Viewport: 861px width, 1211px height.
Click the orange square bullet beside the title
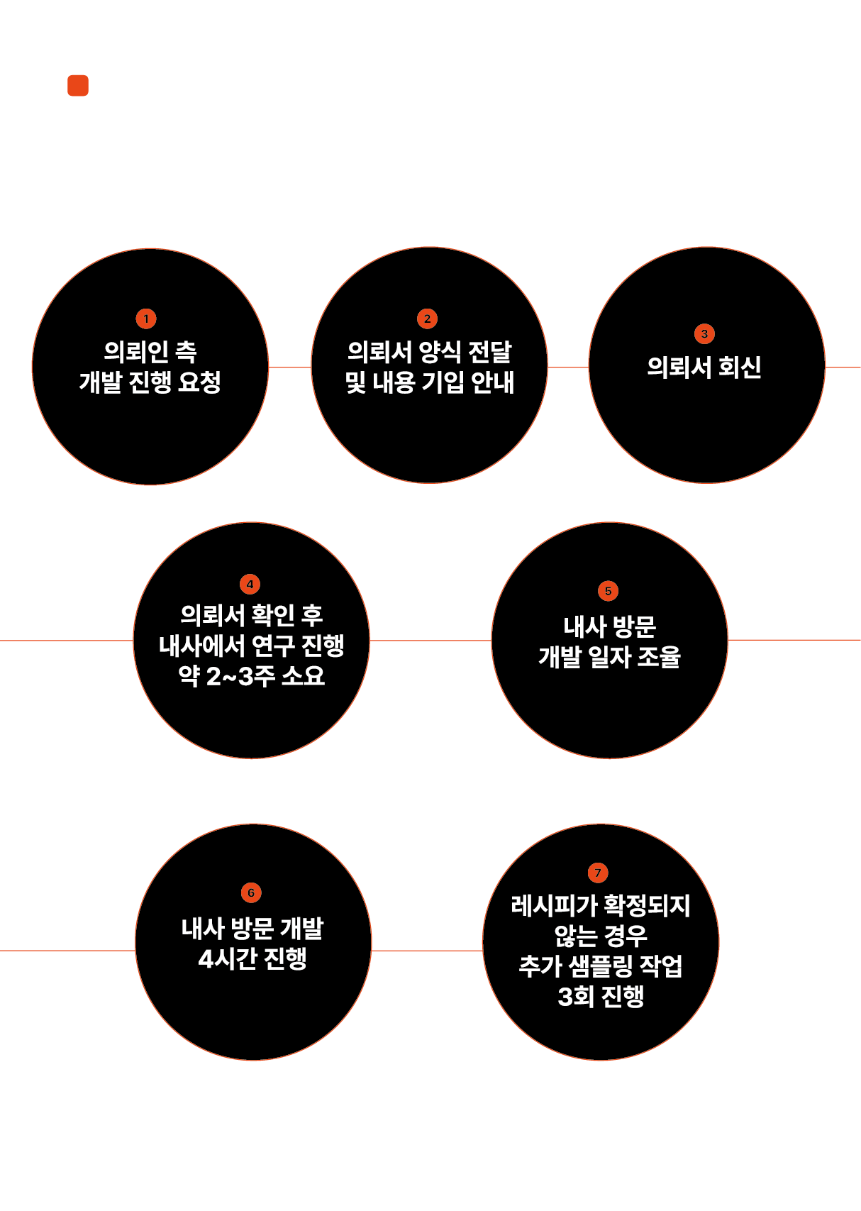(x=78, y=85)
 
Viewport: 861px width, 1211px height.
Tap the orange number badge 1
(x=146, y=319)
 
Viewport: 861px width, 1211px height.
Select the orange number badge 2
(x=427, y=319)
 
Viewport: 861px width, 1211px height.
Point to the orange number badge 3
(x=704, y=333)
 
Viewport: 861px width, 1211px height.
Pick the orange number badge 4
(x=250, y=585)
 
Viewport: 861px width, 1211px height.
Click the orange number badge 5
(x=608, y=591)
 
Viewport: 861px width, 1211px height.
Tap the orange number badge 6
(x=251, y=892)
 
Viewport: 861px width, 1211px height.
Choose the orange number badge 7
(x=598, y=873)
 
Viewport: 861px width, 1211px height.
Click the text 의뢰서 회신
(x=704, y=367)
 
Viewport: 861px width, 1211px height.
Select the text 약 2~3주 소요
(x=251, y=675)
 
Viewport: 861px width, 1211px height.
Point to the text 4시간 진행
(x=252, y=958)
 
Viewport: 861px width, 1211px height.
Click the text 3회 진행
(x=601, y=996)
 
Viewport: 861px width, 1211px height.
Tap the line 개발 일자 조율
(x=609, y=657)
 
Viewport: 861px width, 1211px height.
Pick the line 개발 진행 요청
(x=150, y=382)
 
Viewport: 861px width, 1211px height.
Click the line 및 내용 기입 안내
(x=430, y=382)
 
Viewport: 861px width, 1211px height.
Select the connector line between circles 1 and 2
(x=289, y=367)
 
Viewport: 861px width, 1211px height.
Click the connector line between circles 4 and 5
(x=430, y=640)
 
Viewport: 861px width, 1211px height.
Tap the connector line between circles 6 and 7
(x=427, y=951)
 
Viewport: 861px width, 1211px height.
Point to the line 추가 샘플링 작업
(x=601, y=966)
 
